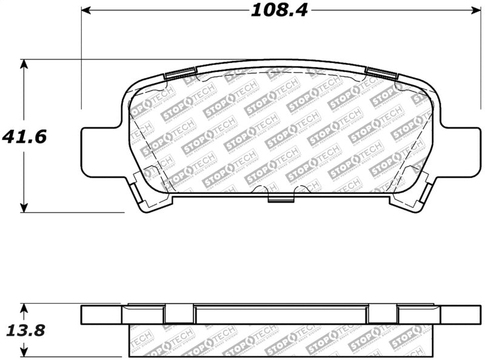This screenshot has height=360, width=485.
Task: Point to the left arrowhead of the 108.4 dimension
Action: (85, 10)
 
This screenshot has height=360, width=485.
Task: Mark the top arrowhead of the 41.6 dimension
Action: (24, 64)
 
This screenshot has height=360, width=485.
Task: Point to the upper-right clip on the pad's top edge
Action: (382, 75)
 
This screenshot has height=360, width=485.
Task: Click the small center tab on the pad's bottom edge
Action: (279, 198)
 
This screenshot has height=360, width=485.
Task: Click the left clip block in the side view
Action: (179, 314)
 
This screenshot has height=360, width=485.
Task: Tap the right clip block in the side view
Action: (383, 314)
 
